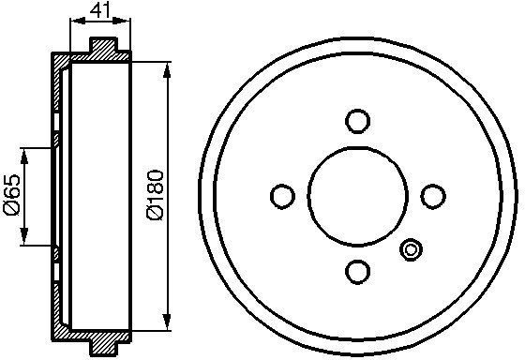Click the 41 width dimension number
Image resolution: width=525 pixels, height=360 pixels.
coord(99,11)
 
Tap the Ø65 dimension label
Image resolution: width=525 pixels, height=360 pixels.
coord(11,195)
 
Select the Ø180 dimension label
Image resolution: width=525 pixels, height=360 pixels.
coord(156,195)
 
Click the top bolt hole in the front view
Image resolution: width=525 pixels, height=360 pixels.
coord(357,121)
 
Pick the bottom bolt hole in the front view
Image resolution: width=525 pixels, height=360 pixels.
coord(357,272)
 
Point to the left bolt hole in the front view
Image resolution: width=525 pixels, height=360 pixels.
coord(282,197)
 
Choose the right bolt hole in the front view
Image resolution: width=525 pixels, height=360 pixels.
coord(433,197)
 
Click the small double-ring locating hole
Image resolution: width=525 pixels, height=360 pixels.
coord(411,249)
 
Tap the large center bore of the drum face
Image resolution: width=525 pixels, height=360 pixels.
coord(357,197)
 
